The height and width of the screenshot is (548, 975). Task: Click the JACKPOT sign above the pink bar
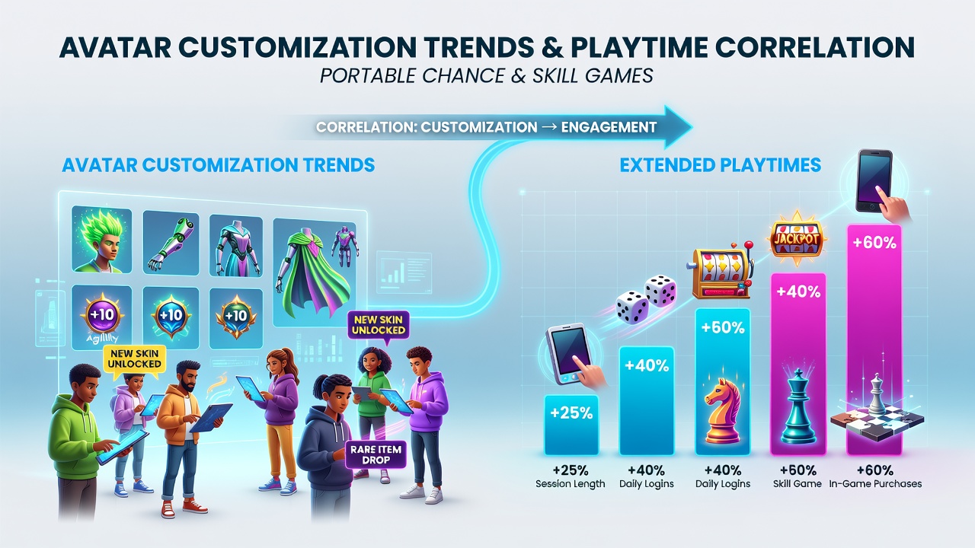pos(796,238)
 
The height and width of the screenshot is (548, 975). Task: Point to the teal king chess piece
pos(798,406)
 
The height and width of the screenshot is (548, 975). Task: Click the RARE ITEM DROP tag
pos(376,454)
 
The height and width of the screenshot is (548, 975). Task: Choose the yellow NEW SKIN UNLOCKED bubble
pos(135,358)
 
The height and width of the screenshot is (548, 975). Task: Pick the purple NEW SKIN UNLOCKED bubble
pos(379,325)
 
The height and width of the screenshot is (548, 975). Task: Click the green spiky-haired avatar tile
pos(102,240)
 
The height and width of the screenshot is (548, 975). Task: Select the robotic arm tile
pos(171,243)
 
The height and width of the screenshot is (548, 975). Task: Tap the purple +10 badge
pos(102,315)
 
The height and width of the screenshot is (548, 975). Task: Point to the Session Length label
pos(571,483)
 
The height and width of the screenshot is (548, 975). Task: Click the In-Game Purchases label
pos(875,483)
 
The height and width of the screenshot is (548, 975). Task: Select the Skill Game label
pos(798,483)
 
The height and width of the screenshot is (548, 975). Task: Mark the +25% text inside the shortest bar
pos(571,413)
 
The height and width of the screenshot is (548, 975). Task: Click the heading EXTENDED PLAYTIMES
pos(721,165)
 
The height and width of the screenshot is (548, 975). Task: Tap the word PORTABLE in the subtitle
pos(368,75)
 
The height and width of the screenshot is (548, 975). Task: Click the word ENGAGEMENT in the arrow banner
pos(609,127)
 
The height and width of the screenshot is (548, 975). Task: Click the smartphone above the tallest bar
pos(874,181)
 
